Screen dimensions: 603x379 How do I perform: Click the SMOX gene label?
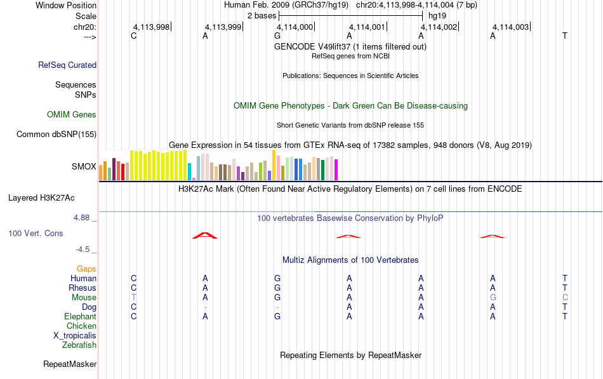click(84, 166)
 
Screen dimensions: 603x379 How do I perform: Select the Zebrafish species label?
click(79, 345)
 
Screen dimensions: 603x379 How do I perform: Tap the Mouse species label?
click(84, 298)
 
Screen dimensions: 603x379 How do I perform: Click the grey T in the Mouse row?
click(133, 298)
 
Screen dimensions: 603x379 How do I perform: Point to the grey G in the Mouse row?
click(493, 298)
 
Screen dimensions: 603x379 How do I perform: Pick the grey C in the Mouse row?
click(565, 298)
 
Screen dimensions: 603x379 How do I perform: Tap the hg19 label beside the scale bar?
click(437, 16)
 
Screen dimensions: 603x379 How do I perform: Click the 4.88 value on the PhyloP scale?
click(81, 218)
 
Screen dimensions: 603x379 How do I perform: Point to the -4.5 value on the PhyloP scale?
click(83, 249)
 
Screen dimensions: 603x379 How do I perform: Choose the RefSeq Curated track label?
click(67, 65)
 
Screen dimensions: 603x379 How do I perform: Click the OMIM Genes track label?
click(72, 115)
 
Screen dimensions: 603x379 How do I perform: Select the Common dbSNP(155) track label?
click(56, 135)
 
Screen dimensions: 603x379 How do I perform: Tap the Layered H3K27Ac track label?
click(41, 198)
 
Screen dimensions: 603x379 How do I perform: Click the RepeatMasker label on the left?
click(70, 364)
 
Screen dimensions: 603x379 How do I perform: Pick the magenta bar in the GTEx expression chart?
click(336, 170)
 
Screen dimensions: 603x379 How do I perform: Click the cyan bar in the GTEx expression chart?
click(190, 172)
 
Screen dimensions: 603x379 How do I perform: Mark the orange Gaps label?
click(86, 269)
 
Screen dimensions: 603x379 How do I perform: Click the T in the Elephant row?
click(565, 316)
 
